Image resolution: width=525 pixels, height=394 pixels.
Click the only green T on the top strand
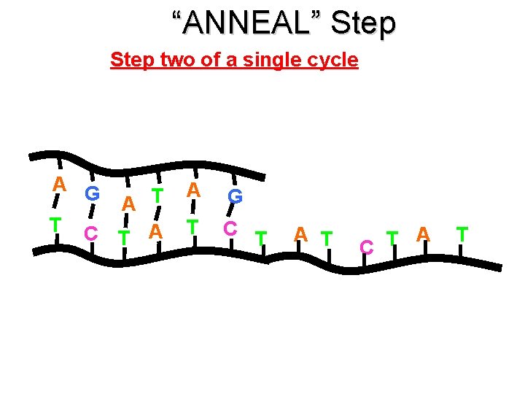point(156,196)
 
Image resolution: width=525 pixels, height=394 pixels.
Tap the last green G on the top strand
point(235,196)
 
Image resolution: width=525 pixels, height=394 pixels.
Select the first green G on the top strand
point(92,194)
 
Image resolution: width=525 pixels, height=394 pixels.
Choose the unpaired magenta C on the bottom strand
point(367,247)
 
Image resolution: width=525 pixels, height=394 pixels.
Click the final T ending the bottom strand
point(461,234)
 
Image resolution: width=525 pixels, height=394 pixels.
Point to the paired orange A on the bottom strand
point(155,231)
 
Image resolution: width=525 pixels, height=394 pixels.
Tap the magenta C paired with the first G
point(91,233)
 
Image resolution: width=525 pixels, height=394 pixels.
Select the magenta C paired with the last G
point(230,228)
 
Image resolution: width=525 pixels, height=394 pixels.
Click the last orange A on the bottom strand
point(422,234)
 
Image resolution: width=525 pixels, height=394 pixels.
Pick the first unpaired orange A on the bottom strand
point(300,235)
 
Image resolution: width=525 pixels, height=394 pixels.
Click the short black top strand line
point(146,163)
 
